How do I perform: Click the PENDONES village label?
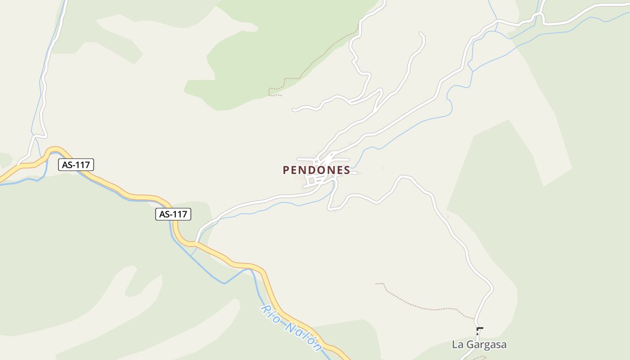pos(316,170)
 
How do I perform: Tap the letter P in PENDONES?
pos(286,170)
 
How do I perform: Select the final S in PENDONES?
pos(347,170)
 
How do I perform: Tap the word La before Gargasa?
pos(458,345)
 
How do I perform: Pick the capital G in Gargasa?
pos(470,345)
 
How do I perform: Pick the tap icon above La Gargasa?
pos(479,331)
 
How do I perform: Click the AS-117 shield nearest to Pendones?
pos(173,214)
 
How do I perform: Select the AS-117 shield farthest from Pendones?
pos(76,165)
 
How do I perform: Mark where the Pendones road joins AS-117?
pos(196,243)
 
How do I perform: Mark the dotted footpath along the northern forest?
pos(315,61)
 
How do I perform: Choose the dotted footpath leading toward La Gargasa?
pos(423,306)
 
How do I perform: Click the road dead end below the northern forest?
pos(293,109)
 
